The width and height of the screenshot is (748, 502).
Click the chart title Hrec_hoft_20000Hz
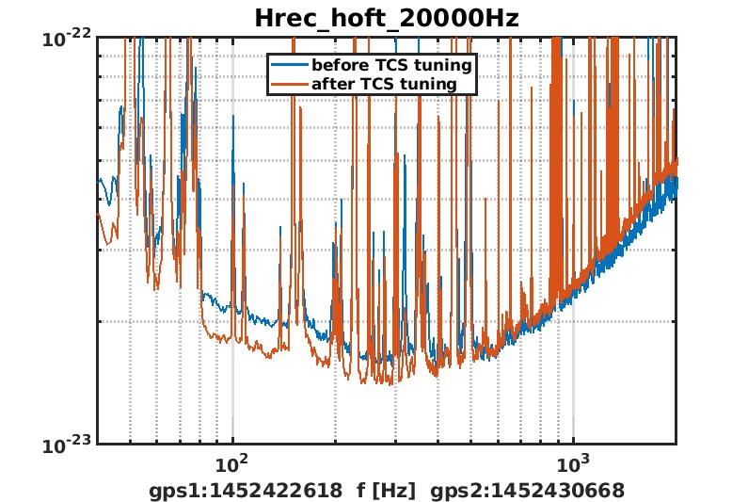[387, 18]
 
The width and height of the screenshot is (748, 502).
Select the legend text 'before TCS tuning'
[391, 66]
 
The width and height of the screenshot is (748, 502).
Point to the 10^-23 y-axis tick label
[67, 445]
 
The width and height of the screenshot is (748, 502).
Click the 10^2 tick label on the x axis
[231, 464]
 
